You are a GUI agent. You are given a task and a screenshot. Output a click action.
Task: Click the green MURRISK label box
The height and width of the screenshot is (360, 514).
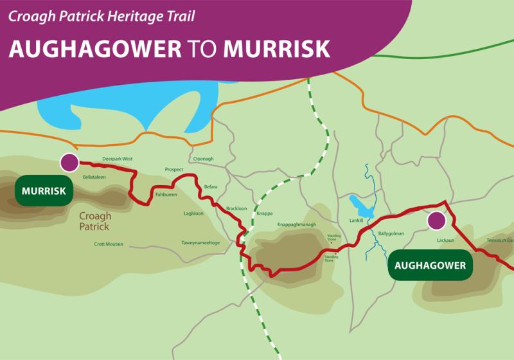[x=44, y=191]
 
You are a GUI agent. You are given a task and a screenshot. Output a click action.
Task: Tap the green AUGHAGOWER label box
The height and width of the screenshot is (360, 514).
[x=430, y=264]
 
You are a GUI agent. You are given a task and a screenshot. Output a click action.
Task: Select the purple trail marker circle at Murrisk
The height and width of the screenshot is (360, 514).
[x=69, y=163]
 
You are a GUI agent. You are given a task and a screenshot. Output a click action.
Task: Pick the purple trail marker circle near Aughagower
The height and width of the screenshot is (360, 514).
[x=437, y=221]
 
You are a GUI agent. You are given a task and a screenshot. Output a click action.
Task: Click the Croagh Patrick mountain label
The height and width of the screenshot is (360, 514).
[x=94, y=221]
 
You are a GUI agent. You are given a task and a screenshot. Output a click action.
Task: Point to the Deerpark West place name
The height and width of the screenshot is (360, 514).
[x=117, y=158]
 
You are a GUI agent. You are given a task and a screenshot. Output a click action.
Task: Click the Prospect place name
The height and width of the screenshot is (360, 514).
[x=174, y=170]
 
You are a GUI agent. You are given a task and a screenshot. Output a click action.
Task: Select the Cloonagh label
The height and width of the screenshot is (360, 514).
[x=203, y=159]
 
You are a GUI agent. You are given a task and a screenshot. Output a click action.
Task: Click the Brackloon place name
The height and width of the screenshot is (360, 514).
[x=236, y=208]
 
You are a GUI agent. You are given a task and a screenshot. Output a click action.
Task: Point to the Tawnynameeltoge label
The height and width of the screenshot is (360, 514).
[x=200, y=242]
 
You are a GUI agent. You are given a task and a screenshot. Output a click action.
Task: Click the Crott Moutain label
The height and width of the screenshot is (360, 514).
[x=109, y=244]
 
